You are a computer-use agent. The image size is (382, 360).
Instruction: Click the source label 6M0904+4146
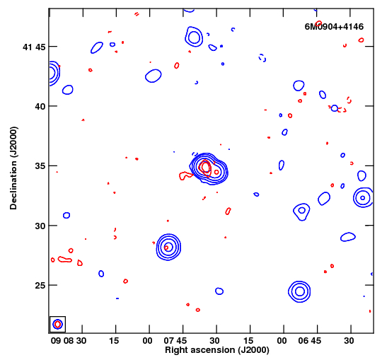click(x=334, y=27)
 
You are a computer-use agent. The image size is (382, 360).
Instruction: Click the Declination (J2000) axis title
click(x=13, y=168)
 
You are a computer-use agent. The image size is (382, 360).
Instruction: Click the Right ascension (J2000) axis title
click(x=217, y=350)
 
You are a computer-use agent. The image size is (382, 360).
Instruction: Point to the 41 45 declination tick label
click(x=34, y=47)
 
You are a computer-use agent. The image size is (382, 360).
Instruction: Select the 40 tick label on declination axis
click(x=40, y=106)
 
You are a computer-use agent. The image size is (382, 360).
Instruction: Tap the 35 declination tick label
click(x=40, y=166)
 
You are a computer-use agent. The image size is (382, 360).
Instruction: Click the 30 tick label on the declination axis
click(x=40, y=226)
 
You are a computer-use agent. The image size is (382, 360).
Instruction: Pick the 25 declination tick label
click(x=40, y=285)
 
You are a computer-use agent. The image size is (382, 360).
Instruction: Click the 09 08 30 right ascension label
click(x=69, y=340)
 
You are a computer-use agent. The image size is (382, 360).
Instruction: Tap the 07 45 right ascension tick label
click(x=175, y=340)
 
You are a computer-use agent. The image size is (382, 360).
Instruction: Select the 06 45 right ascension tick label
click(x=310, y=340)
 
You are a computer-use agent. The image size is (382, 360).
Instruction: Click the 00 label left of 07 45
click(x=148, y=340)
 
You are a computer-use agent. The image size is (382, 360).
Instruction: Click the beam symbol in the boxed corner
click(x=58, y=324)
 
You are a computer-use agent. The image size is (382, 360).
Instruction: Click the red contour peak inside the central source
click(x=206, y=168)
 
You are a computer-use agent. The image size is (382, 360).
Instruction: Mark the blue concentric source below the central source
click(x=168, y=247)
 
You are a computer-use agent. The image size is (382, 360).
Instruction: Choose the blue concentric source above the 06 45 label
click(x=299, y=291)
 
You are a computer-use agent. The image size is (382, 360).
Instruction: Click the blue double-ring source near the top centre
click(x=194, y=37)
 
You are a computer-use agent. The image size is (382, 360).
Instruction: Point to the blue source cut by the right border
click(x=363, y=197)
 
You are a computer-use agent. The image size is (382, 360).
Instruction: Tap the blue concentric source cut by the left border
click(x=54, y=73)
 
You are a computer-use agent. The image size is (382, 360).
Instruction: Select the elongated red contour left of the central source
click(x=186, y=175)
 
